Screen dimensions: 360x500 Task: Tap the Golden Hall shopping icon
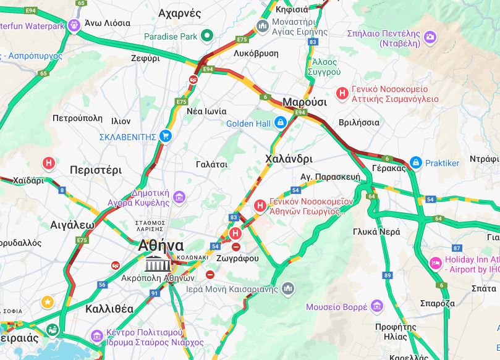click(281, 123)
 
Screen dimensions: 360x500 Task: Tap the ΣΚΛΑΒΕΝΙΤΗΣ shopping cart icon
click(165, 136)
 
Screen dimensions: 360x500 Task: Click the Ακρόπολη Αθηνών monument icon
click(157, 265)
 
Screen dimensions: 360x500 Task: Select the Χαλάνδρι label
click(289, 159)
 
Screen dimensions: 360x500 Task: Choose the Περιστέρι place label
click(96, 170)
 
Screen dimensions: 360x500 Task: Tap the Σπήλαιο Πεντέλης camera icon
click(430, 38)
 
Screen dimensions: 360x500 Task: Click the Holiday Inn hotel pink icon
click(435, 263)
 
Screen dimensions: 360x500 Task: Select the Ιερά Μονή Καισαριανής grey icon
click(288, 288)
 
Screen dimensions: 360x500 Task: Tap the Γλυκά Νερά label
click(376, 232)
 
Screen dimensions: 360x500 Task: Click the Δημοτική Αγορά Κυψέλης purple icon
click(179, 197)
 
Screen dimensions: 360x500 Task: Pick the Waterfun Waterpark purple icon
click(75, 26)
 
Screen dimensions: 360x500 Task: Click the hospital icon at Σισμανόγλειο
click(341, 93)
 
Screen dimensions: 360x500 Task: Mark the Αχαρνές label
click(179, 13)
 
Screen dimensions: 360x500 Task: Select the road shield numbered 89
click(388, 275)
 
